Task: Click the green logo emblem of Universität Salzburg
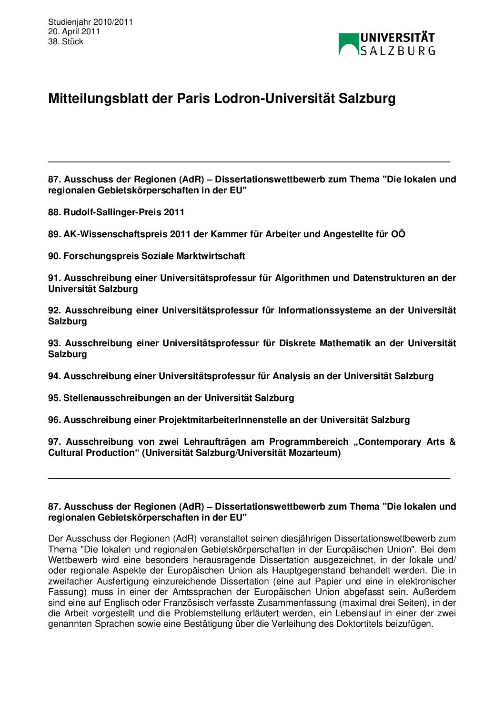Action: [x=349, y=44]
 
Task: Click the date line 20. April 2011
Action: [x=74, y=31]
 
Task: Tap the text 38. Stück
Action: [x=66, y=41]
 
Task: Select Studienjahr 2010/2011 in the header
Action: [x=91, y=22]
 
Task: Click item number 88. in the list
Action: [x=54, y=212]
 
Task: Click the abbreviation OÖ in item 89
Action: [x=398, y=234]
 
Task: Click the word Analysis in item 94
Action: [x=291, y=376]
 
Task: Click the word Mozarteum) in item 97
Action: [x=315, y=453]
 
